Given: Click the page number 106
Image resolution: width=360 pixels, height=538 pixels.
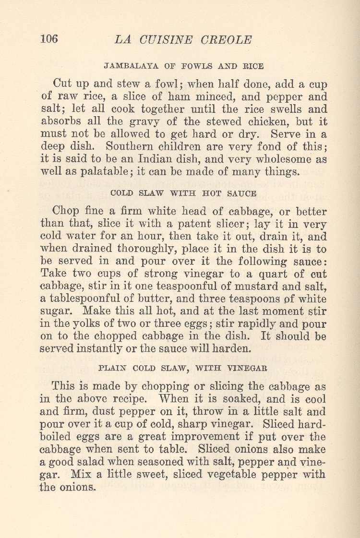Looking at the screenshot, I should [49, 39].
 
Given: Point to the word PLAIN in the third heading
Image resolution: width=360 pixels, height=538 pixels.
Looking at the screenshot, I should [111, 369].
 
